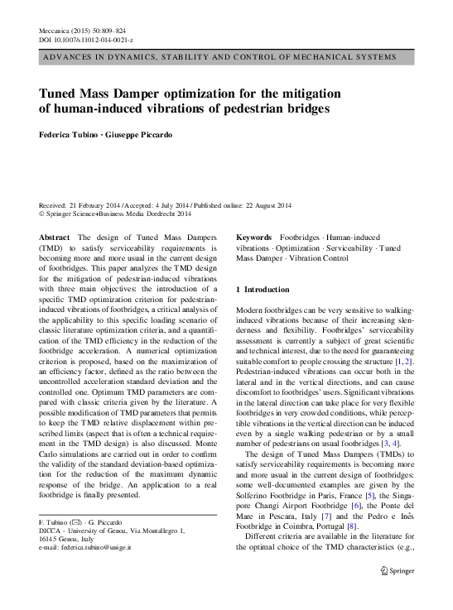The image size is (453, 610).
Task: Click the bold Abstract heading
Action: pos(55,238)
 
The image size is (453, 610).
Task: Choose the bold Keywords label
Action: pos(255,238)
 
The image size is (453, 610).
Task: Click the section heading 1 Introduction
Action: pos(263,290)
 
